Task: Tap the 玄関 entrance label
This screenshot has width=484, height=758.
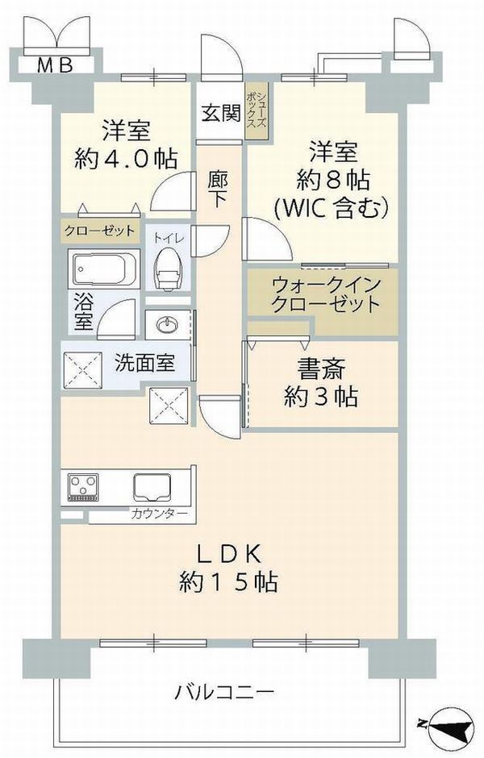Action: click(221, 114)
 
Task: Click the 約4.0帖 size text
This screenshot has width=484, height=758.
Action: click(126, 158)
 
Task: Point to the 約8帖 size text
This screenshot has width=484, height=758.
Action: click(333, 181)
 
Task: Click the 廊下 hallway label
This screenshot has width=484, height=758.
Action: click(218, 189)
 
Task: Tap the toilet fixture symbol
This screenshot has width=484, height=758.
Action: click(167, 270)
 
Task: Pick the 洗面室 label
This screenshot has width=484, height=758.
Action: click(144, 363)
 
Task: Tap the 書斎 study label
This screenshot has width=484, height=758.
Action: click(321, 370)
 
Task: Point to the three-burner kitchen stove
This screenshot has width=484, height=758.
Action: click(83, 487)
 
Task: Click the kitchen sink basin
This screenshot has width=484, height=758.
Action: click(152, 487)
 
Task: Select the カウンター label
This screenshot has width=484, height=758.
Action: click(158, 514)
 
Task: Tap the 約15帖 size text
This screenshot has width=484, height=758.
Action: click(228, 581)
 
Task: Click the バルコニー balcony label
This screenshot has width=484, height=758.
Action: click(224, 693)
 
